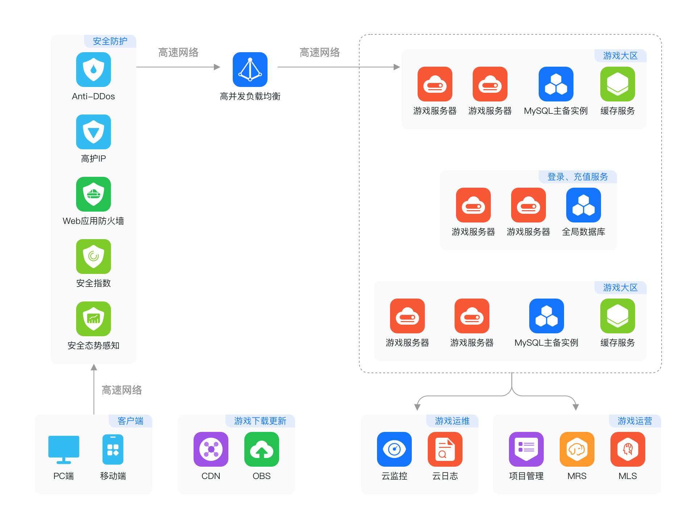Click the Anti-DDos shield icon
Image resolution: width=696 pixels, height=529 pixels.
[94, 70]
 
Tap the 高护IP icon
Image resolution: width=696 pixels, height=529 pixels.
[94, 132]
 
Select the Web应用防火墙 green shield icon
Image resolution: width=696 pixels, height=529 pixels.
[94, 194]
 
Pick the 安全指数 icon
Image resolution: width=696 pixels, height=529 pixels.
[94, 257]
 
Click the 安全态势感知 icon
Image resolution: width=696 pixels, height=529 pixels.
[94, 319]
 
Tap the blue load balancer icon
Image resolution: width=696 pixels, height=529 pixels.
[250, 70]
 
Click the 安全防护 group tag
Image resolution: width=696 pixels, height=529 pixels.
[110, 41]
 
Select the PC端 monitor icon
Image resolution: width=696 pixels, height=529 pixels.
[64, 449]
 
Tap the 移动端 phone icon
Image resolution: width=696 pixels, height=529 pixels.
[113, 449]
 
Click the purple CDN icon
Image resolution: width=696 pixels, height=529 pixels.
[211, 449]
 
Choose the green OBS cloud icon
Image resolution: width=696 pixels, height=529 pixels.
[262, 449]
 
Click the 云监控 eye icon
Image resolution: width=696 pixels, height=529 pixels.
[394, 449]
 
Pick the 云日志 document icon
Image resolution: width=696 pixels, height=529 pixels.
[445, 449]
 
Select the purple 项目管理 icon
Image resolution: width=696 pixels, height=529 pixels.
[526, 449]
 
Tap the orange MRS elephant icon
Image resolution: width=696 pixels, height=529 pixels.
[577, 449]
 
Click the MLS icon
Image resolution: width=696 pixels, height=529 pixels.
[628, 449]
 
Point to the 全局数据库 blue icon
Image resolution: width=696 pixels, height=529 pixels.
[584, 205]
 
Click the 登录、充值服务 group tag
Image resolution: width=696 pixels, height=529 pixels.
[577, 177]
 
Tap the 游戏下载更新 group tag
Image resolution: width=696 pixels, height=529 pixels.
[260, 421]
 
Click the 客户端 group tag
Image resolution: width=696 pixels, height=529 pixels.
[130, 421]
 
